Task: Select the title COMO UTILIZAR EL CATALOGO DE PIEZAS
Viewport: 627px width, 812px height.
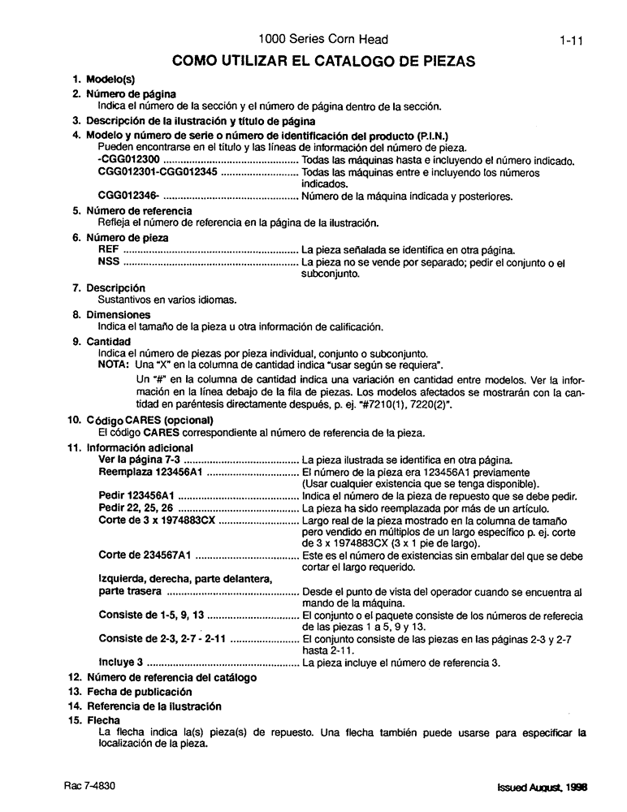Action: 323,60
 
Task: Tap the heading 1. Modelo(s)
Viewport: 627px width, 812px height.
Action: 105,80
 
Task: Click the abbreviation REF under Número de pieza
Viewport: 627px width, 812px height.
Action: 107,250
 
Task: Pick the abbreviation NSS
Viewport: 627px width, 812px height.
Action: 108,262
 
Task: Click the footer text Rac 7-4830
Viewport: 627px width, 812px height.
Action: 91,787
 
